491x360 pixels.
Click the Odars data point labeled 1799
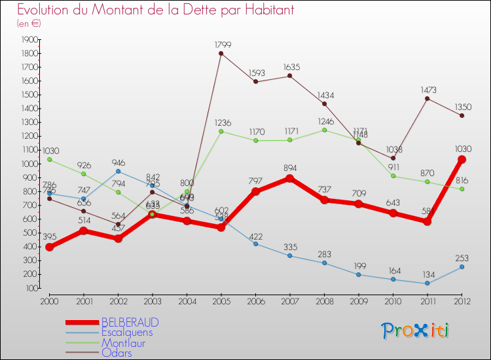click(x=221, y=53)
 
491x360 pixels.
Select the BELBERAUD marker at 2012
click(x=462, y=159)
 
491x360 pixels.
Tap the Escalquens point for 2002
click(x=118, y=171)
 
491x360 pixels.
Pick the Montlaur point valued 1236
click(x=221, y=131)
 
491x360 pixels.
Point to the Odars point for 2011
click(x=427, y=98)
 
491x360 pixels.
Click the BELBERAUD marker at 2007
click(x=290, y=178)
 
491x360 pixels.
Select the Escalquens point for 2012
click(x=462, y=266)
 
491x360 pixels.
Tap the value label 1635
click(x=290, y=67)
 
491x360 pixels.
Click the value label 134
click(x=427, y=274)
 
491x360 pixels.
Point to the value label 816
click(x=462, y=179)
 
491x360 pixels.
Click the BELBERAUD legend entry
click(x=130, y=323)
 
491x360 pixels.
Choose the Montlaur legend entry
click(x=123, y=343)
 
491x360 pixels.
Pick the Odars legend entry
click(x=117, y=353)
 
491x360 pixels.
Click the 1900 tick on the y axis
click(x=29, y=39)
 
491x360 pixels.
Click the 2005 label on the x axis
click(x=221, y=300)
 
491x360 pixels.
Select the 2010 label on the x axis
click(x=393, y=300)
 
